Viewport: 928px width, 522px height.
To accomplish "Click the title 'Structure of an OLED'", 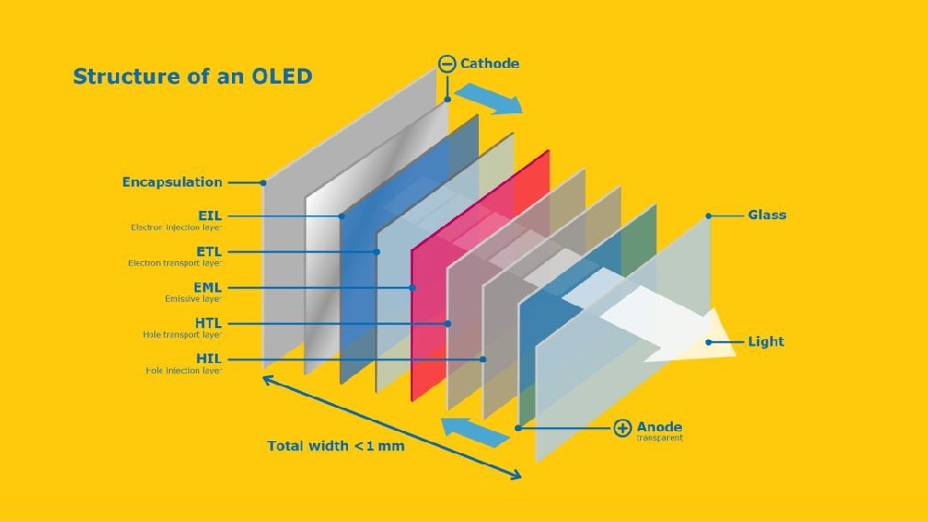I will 192,76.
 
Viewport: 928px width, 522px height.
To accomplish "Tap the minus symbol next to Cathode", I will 446,64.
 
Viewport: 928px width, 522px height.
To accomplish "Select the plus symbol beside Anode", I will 623,428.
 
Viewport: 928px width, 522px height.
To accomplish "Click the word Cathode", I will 489,64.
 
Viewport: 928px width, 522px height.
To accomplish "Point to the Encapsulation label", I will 173,182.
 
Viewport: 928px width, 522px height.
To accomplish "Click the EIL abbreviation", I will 210,215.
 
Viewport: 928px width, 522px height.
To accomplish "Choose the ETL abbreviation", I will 209,252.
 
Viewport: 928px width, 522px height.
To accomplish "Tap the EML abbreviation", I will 208,288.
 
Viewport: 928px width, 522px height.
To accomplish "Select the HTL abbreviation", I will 208,323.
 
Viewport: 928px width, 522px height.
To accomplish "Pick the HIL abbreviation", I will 210,359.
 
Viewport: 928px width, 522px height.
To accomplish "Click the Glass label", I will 767,215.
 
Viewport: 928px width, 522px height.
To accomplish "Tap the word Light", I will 766,342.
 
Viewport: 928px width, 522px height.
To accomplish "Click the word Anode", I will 661,426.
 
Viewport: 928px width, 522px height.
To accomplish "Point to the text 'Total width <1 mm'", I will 336,446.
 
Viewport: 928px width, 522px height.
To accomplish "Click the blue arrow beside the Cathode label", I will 488,98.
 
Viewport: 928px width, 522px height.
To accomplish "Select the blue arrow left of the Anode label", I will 473,429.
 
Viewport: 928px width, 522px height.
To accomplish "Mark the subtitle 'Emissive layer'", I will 193,299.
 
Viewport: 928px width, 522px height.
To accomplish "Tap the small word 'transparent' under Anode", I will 660,438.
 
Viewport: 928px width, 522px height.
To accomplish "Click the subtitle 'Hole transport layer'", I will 182,334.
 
